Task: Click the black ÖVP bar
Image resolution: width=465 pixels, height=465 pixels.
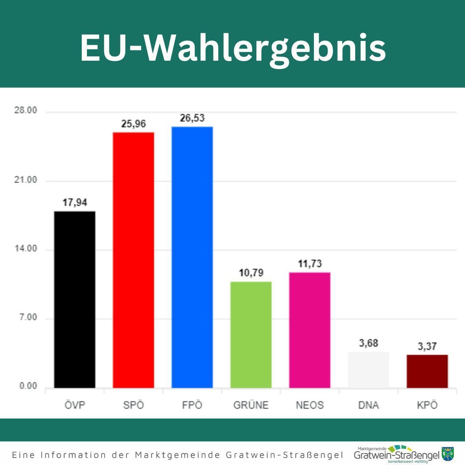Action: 74,299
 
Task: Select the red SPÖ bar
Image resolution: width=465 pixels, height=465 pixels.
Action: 133,260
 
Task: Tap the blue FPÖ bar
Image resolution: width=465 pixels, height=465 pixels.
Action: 192,257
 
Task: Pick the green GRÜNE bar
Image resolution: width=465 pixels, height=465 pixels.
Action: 251,335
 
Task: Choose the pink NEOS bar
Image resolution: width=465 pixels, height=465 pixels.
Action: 310,330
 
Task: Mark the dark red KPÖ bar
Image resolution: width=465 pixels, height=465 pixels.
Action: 427,371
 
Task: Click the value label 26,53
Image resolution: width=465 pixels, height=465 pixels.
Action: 192,118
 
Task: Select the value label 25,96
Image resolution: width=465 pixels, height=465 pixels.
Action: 133,124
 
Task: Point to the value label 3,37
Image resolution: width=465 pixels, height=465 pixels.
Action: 427,347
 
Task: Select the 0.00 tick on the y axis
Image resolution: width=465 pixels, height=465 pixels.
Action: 28,386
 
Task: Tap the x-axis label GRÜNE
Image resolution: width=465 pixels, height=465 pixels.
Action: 251,405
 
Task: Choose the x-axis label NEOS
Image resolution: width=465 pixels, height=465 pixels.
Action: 310,405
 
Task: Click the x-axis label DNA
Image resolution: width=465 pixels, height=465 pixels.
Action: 368,405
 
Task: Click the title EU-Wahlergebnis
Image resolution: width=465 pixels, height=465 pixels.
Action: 232,48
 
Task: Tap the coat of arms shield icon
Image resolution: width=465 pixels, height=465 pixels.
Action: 448,454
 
